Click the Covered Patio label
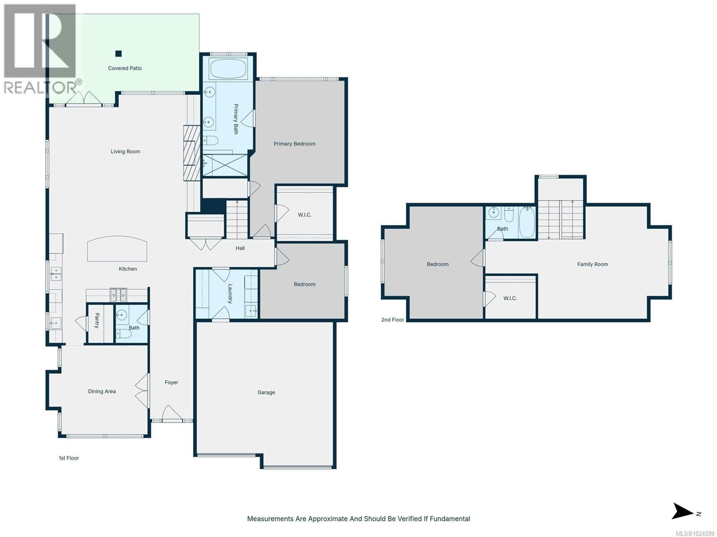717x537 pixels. [x=125, y=68]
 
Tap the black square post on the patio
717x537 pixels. [x=118, y=54]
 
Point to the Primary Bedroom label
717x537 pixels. [x=294, y=144]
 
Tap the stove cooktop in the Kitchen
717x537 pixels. [x=118, y=295]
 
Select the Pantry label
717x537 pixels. [x=97, y=321]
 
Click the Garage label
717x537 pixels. [x=266, y=392]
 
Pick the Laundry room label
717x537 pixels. [x=230, y=294]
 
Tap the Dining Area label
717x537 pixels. [x=102, y=391]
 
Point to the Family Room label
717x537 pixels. [x=592, y=264]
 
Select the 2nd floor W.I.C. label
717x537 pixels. [x=510, y=298]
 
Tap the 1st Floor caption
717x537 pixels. [x=69, y=458]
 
